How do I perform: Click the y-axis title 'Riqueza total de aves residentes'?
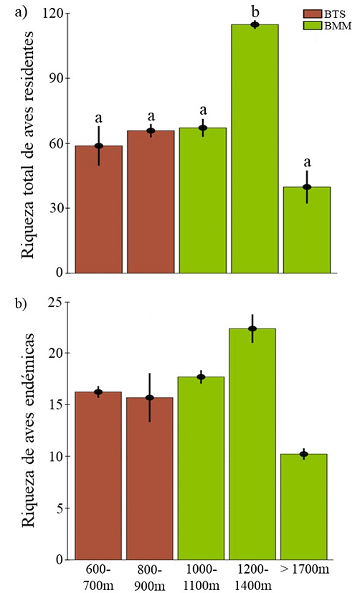click(x=29, y=143)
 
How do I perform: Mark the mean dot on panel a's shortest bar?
click(x=306, y=187)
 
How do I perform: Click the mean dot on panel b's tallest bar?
click(x=252, y=328)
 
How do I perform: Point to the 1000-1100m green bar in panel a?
click(x=203, y=201)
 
